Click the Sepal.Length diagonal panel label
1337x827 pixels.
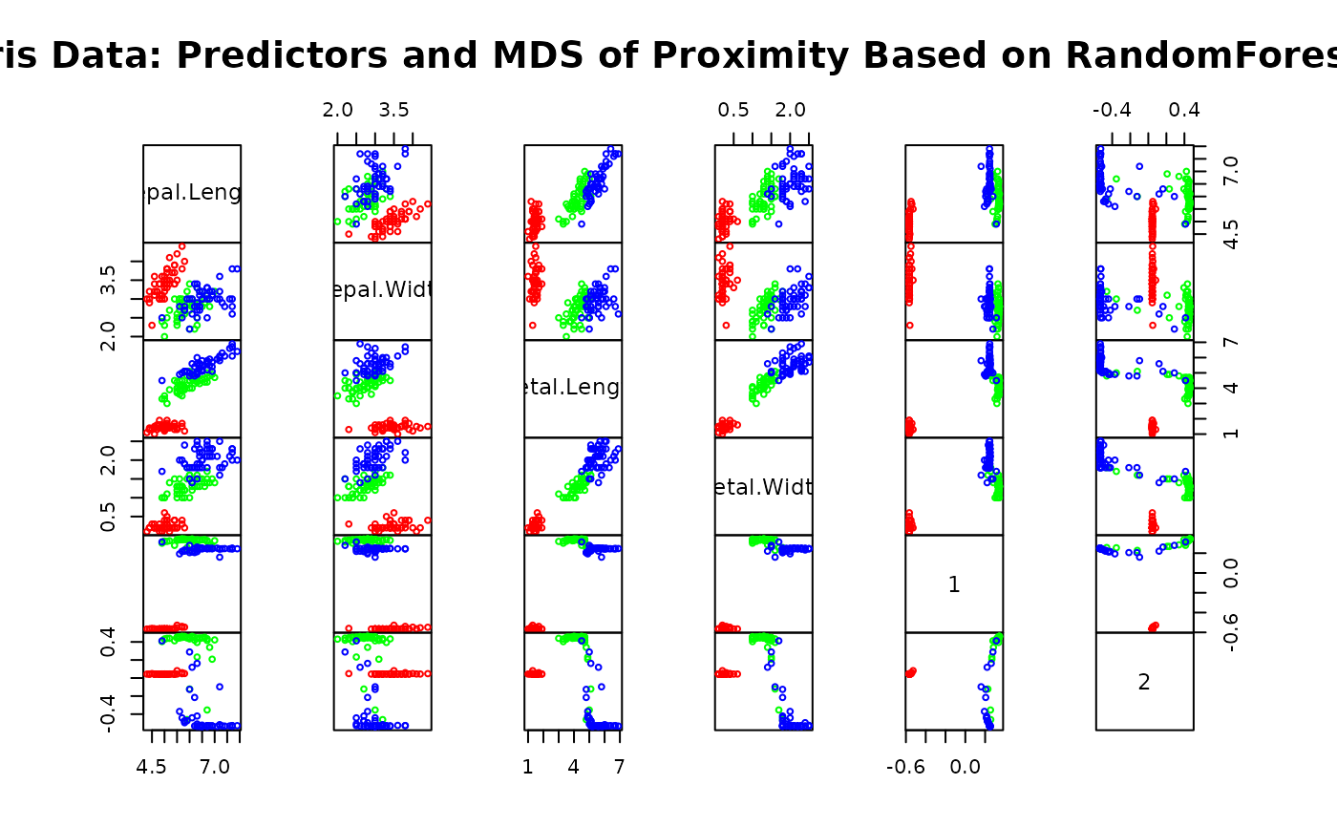coord(192,194)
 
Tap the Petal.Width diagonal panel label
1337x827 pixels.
coord(764,487)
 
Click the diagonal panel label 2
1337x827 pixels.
coord(1144,682)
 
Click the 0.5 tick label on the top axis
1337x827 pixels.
coord(733,110)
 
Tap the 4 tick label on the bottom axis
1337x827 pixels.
coord(573,767)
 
